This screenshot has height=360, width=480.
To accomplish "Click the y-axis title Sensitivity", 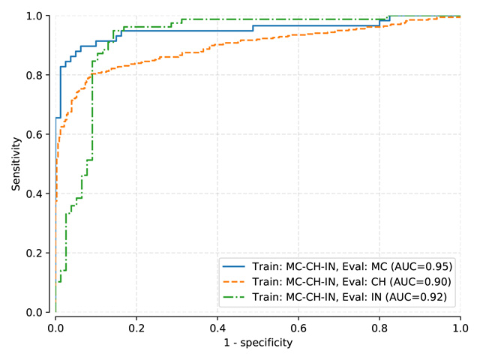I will coord(16,163).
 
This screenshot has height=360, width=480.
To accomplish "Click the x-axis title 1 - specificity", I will coord(258,343).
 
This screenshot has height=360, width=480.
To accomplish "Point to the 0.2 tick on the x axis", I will coord(136,328).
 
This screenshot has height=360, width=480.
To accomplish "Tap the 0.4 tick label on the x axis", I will coord(217,328).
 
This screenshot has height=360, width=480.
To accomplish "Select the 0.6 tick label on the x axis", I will coord(298,328).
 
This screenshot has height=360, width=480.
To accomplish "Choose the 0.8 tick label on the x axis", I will coord(379,328).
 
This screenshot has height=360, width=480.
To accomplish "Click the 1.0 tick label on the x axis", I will coord(460,328).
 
